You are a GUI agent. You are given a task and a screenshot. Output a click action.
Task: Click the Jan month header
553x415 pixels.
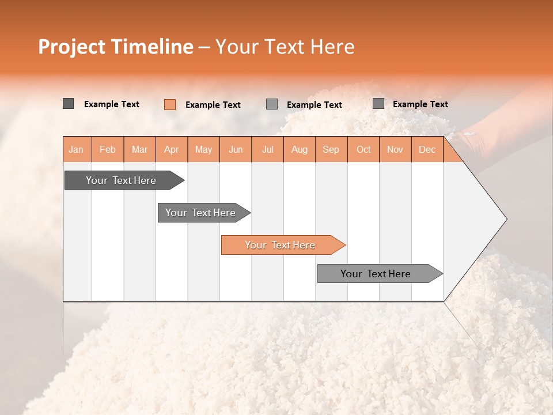pyautogui.click(x=76, y=149)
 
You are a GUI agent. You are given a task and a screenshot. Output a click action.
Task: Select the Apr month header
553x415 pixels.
pyautogui.click(x=171, y=149)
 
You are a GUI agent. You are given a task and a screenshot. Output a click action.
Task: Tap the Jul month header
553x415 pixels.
pyautogui.click(x=267, y=149)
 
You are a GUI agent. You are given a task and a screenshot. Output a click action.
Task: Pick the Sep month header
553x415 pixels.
pyautogui.click(x=331, y=149)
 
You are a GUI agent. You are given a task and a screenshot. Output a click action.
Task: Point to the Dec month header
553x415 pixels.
pyautogui.click(x=427, y=149)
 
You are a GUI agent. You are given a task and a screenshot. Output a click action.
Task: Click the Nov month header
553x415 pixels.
pyautogui.click(x=395, y=149)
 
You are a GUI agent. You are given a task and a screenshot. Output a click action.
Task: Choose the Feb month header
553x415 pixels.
pyautogui.click(x=108, y=149)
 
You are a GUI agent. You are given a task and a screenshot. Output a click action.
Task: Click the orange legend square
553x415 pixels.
pyautogui.click(x=170, y=104)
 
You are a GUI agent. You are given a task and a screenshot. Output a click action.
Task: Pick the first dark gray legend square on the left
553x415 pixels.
pyautogui.click(x=69, y=104)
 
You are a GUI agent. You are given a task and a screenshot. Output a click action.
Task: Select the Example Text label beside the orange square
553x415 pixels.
pyautogui.click(x=213, y=105)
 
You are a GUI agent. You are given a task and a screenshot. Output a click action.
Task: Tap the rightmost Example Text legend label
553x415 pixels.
pyautogui.click(x=420, y=104)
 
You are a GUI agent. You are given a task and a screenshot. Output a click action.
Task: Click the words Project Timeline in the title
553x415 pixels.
pyautogui.click(x=115, y=47)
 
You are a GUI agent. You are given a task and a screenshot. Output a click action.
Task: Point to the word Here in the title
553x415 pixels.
pyautogui.click(x=332, y=47)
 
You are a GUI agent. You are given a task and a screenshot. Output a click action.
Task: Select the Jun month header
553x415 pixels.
pyautogui.click(x=236, y=149)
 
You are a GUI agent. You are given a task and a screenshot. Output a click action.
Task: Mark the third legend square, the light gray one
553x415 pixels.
pyautogui.click(x=272, y=104)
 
